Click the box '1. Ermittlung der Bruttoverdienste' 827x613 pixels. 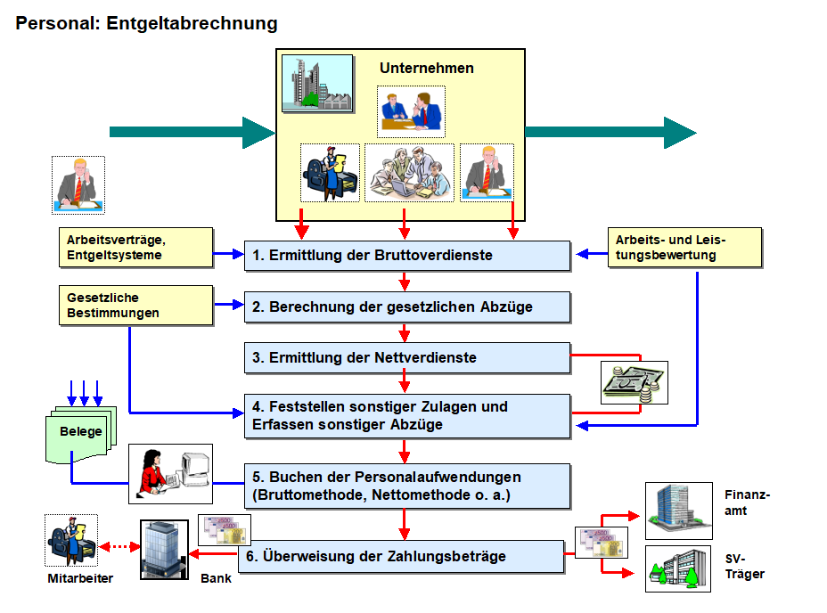(407, 256)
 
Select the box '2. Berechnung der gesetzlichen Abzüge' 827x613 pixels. (407, 306)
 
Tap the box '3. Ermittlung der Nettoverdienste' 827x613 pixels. (407, 358)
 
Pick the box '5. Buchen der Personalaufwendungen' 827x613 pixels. (407, 485)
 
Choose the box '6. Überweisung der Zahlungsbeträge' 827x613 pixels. (401, 557)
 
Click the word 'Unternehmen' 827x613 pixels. (427, 69)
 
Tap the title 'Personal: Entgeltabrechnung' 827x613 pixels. (147, 24)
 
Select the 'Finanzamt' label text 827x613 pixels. (748, 503)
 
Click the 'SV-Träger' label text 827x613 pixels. (745, 567)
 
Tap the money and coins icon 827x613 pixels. (634, 383)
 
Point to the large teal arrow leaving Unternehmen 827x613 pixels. (610, 132)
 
